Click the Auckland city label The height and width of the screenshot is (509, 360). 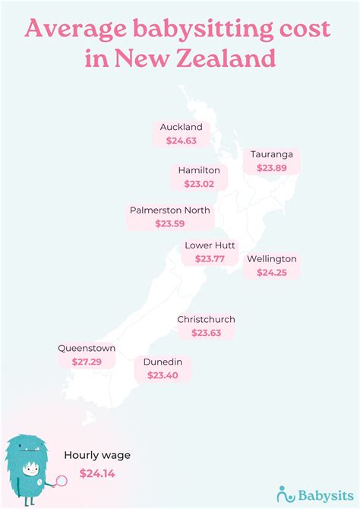pos(182,127)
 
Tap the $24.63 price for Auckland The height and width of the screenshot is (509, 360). pos(182,141)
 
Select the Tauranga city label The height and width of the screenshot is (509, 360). pos(271,154)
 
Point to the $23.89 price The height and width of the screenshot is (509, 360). pos(271,169)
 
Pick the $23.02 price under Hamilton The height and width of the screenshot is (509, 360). pos(199,183)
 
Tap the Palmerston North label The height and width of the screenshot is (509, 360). pos(170,210)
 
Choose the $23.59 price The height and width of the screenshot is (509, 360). pos(170,224)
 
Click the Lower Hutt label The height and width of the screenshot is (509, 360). pos(210,245)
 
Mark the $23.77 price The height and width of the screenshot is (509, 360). pos(210,259)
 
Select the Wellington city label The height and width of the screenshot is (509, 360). pos(272,258)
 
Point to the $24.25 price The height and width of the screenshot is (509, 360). pos(272,272)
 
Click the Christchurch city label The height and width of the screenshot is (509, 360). pos(206,319)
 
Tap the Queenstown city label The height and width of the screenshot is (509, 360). pos(87,348)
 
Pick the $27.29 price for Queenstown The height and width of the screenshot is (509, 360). pos(87,362)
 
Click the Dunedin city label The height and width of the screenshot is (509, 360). pos(163,362)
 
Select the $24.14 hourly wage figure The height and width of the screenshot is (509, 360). pos(97,473)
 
